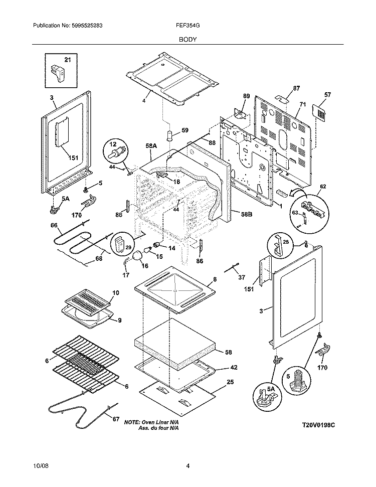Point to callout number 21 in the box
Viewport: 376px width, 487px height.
[x=68, y=60]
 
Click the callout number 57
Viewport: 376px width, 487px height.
[x=328, y=95]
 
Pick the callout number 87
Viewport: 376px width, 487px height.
[x=296, y=89]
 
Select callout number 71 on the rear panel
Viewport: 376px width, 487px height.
[x=302, y=104]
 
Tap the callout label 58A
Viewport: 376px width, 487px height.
[x=151, y=145]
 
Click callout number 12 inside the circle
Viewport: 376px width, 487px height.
[x=112, y=144]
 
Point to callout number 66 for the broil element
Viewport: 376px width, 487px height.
[x=54, y=226]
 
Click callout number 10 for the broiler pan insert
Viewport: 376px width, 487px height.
[x=116, y=292]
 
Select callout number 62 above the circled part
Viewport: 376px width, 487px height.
[x=323, y=187]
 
